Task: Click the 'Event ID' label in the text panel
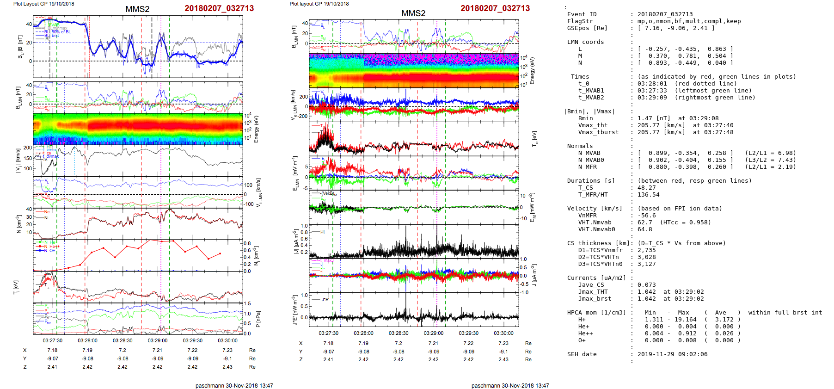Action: [x=582, y=14]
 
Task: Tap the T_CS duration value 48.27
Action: [x=646, y=188]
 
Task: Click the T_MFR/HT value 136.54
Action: [x=648, y=195]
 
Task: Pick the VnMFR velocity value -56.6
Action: [x=646, y=216]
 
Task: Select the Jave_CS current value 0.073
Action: [x=646, y=285]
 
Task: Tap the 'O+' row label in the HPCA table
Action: [x=582, y=340]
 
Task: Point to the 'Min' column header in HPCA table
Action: [x=650, y=313]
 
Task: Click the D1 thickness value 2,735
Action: [x=646, y=250]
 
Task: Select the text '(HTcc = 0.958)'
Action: [x=685, y=222]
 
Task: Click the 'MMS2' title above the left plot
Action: [x=137, y=9]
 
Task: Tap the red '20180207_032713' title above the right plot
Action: [x=495, y=8]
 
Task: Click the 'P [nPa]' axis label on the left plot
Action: [x=258, y=319]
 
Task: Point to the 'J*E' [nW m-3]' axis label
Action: [x=294, y=310]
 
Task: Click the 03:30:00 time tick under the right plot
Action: [x=503, y=333]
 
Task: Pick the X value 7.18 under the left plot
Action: [x=52, y=351]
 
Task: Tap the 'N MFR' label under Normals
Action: [x=587, y=167]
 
